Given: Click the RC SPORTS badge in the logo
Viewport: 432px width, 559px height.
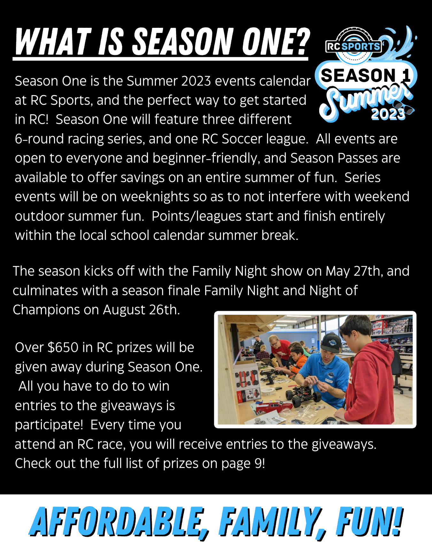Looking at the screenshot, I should (x=353, y=47).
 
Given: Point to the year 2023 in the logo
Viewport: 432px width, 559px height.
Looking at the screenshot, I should (x=388, y=114).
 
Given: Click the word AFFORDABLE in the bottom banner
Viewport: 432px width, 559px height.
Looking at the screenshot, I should (x=118, y=522).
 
